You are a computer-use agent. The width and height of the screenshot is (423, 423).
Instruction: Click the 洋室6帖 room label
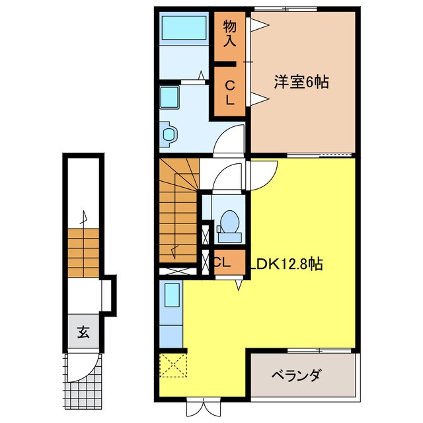[x=302, y=83]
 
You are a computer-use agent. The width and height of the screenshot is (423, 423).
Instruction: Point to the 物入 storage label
[x=229, y=32]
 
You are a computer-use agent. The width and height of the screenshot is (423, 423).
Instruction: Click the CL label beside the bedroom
[x=229, y=92]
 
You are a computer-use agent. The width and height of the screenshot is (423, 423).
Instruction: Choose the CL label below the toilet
[x=222, y=262]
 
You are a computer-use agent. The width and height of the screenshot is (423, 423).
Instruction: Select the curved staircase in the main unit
[x=178, y=211]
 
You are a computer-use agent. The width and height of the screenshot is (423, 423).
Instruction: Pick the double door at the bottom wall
[x=202, y=404]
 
